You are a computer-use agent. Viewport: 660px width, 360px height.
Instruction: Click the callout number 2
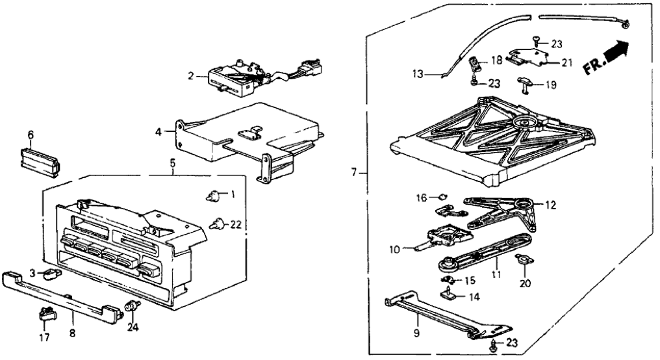pos(191,77)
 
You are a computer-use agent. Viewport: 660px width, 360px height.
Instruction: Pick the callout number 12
pos(551,205)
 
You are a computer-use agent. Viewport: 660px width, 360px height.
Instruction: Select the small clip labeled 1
pos(211,194)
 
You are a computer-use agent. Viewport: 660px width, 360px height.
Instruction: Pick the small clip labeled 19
pos(525,83)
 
